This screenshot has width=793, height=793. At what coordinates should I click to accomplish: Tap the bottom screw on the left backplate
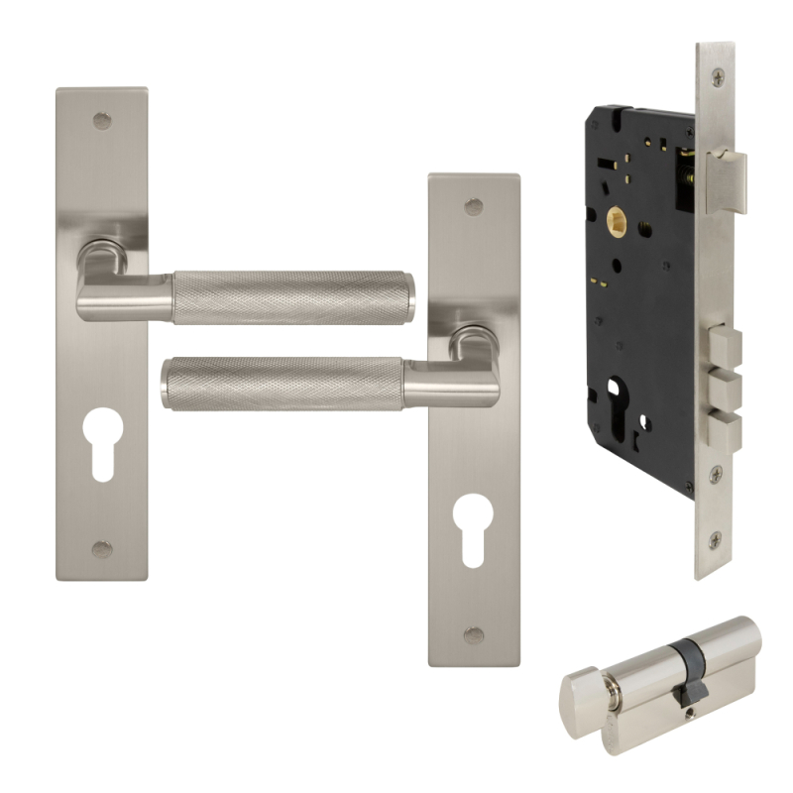click(102, 548)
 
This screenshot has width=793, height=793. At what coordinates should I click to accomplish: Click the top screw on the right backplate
click(475, 207)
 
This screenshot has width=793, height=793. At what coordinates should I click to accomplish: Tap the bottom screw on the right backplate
click(475, 634)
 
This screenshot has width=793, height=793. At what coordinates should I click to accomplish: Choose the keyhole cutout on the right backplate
click(475, 524)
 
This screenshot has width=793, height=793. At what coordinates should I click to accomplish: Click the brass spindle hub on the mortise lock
click(614, 222)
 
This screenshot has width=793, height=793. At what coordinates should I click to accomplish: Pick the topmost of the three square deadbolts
click(725, 347)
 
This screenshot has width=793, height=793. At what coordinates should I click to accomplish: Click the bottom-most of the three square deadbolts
click(725, 431)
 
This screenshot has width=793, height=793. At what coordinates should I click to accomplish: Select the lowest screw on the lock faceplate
click(716, 540)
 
